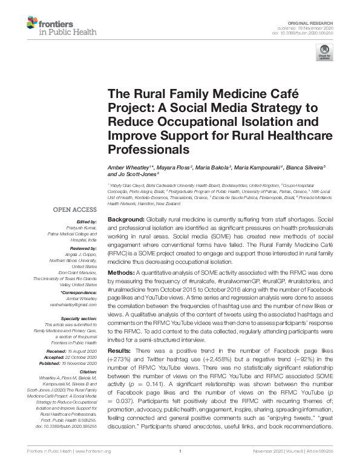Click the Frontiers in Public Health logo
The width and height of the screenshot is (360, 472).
tap(51, 27)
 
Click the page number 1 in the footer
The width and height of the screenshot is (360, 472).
tap(180, 467)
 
